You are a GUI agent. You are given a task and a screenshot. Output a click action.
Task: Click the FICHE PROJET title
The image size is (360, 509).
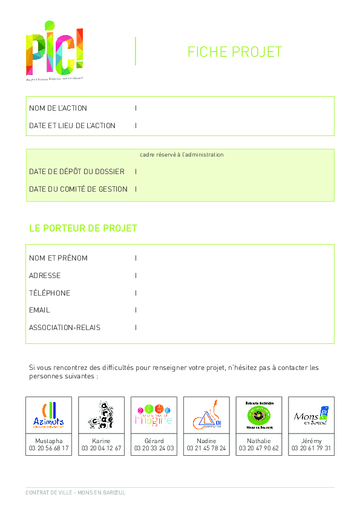(x=235, y=52)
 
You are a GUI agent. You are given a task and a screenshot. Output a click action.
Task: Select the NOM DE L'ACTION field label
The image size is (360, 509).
(x=58, y=108)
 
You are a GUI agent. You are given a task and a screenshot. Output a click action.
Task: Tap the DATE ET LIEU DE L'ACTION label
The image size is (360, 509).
(x=72, y=126)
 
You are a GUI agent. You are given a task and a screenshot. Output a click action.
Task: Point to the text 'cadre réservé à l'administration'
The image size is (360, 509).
(x=182, y=155)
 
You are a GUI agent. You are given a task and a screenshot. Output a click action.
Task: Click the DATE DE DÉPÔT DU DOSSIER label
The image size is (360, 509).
(x=77, y=172)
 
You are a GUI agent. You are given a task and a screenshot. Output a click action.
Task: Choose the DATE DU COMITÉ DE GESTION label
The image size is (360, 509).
(x=78, y=189)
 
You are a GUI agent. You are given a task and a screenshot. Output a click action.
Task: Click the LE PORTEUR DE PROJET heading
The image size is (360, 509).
(x=83, y=229)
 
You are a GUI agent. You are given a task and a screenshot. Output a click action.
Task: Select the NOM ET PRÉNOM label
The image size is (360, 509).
(x=58, y=258)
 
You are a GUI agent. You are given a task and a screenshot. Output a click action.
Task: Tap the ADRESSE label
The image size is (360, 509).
(x=45, y=276)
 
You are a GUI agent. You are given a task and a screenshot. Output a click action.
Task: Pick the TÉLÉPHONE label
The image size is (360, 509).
(x=50, y=293)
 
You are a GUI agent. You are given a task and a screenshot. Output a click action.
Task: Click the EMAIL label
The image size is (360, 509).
(x=40, y=310)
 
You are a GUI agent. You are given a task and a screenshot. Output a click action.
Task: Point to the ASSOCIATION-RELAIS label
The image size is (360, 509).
(x=65, y=328)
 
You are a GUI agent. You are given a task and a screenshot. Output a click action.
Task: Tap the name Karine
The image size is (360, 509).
(x=101, y=441)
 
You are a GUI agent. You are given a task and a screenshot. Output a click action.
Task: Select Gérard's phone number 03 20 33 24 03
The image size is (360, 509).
(x=154, y=449)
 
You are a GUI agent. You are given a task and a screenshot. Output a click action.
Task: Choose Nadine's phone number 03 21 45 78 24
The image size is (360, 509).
(x=206, y=449)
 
